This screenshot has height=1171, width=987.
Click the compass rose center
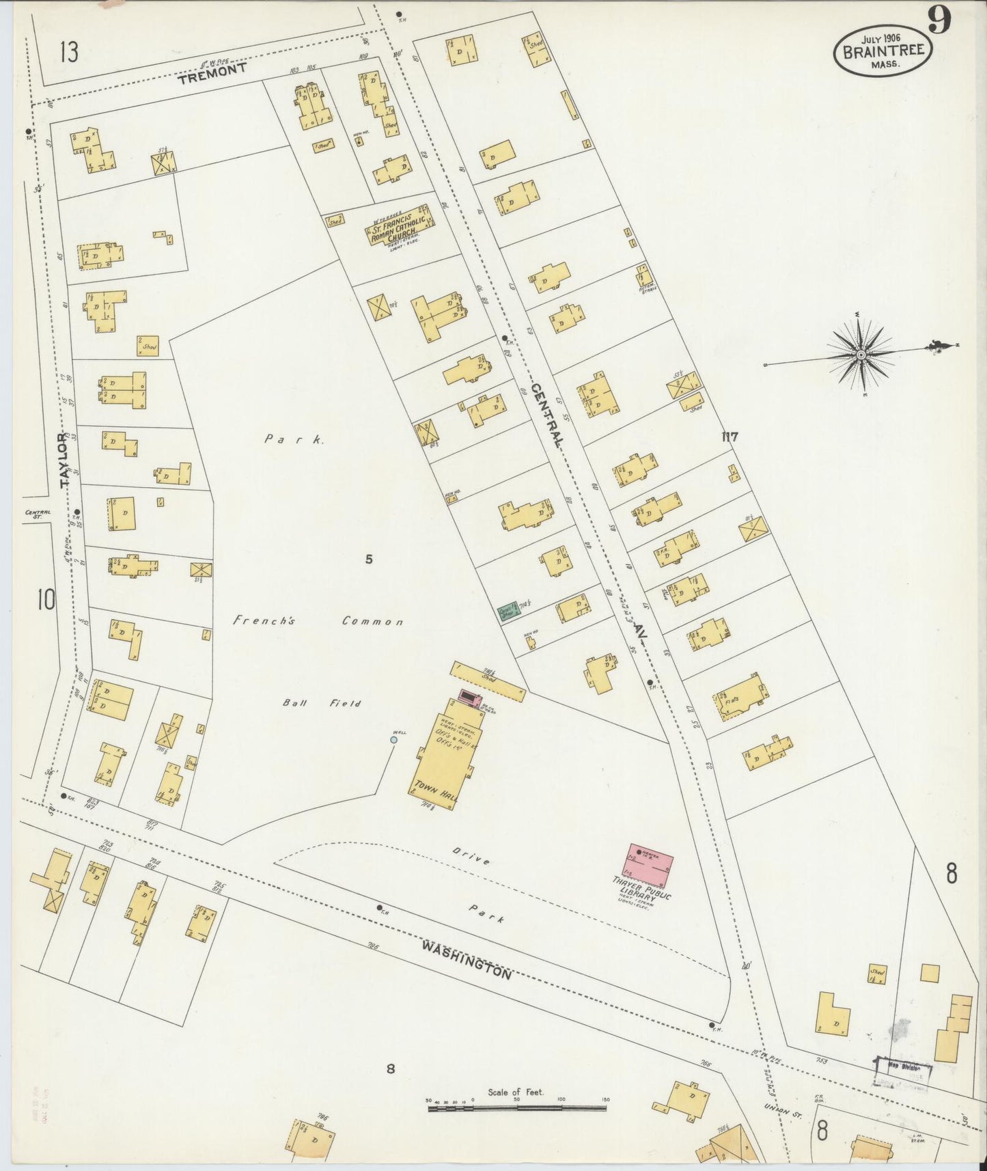coord(861,355)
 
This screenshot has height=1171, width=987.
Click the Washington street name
coord(467,959)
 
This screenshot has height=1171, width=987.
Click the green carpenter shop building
coord(508,611)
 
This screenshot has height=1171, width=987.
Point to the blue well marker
coord(393,739)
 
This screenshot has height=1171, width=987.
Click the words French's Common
coord(318,622)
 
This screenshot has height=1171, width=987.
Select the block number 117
coord(729,437)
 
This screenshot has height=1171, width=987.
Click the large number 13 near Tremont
coord(68,52)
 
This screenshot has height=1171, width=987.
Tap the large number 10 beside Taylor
coord(46,601)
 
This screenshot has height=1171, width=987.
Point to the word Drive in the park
coord(471,857)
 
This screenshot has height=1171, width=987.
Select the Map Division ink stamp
coord(903,1068)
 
